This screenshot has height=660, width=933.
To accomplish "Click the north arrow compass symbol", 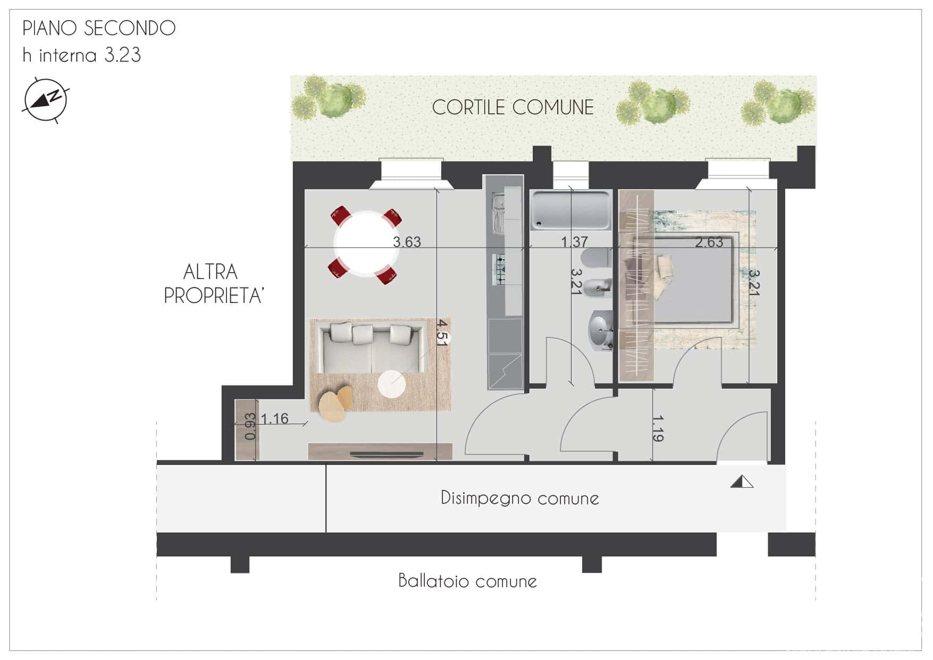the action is point(45,100).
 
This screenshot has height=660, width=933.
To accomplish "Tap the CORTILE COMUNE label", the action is point(512,107).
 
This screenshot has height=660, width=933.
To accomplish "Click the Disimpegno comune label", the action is point(520,498).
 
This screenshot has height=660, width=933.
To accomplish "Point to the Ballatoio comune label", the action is point(467,580).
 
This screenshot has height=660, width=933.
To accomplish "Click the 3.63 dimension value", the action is point(407,242).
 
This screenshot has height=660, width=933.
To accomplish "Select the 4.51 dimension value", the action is point(442,333).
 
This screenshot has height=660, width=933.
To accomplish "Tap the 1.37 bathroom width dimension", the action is point(575,242).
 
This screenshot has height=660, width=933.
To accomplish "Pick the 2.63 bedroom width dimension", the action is point(709,242).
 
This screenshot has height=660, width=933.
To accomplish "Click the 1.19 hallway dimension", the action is point(658,428).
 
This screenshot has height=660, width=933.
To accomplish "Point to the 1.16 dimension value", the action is point(274,419).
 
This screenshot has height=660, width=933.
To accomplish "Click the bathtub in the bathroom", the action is point(570,210).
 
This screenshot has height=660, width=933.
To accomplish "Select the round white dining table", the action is point(366,243).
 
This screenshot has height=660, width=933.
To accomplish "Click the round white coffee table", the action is point(392,384).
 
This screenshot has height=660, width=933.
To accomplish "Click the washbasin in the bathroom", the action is point(601,331).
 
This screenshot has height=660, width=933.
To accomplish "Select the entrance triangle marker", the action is point(742,482).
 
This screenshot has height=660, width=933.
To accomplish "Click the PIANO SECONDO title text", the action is point(99,28).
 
